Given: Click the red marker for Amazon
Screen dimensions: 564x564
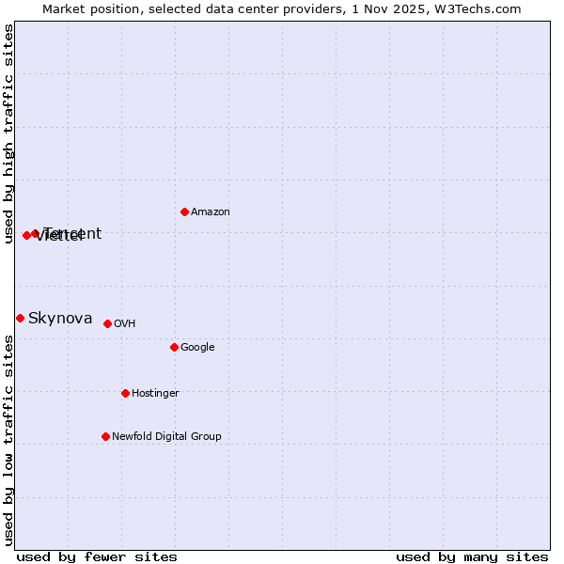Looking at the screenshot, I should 184,211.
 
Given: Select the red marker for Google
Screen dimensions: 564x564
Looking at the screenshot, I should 174,347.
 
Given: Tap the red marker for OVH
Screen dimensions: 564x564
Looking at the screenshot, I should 107,323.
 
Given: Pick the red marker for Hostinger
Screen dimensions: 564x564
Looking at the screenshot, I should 125,393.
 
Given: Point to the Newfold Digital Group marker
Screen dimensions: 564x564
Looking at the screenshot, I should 105,436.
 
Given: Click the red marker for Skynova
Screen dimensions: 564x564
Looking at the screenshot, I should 20,318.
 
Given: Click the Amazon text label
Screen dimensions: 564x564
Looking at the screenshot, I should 211,212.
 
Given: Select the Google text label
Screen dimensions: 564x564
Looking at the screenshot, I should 197,348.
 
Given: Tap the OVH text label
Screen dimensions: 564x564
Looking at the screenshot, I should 125,324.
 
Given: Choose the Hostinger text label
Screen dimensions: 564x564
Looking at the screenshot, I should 155,394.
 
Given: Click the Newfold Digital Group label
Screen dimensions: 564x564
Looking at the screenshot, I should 166,437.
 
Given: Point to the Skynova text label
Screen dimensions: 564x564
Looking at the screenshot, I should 60,319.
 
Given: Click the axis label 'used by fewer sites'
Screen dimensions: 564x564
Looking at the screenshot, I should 97,556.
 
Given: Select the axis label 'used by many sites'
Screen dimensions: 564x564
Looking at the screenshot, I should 472,556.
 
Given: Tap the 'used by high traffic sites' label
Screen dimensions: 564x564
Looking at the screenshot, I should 8,133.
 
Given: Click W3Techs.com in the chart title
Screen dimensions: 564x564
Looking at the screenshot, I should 481,8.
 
